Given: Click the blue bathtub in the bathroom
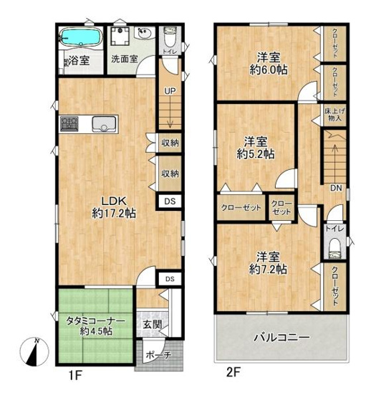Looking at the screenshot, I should pyautogui.click(x=82, y=37).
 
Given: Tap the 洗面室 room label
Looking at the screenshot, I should pyautogui.click(x=124, y=60).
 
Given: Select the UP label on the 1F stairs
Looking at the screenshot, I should pyautogui.click(x=170, y=91).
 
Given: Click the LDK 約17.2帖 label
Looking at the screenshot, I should pyautogui.click(x=114, y=207).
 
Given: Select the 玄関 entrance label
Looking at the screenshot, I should pyautogui.click(x=151, y=324).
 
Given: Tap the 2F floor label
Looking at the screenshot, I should pyautogui.click(x=233, y=374).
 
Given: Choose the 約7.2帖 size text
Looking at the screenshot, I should pyautogui.click(x=269, y=269).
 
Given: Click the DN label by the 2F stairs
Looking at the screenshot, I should pyautogui.click(x=335, y=189).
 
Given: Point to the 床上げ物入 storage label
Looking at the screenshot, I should pyautogui.click(x=334, y=114).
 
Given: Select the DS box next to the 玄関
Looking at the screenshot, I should pyautogui.click(x=169, y=278).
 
